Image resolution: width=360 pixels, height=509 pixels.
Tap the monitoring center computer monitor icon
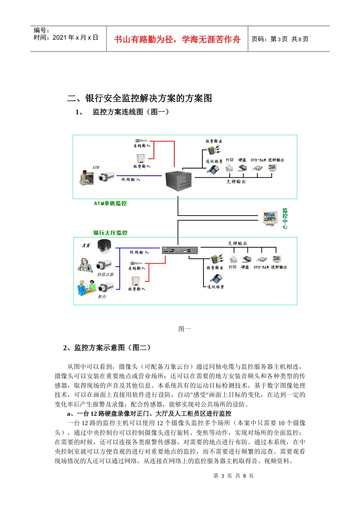click(271, 219)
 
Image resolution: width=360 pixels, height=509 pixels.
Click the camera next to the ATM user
click(106, 176)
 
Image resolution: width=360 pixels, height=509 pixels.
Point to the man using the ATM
click(86, 177)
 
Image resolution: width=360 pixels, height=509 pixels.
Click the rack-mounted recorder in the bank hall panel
click(180, 250)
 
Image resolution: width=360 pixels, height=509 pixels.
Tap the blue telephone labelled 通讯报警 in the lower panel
click(217, 279)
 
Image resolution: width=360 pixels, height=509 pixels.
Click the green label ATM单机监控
click(110, 203)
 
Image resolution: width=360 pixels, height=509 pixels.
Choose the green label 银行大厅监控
click(110, 233)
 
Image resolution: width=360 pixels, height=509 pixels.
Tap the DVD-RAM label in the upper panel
click(258, 160)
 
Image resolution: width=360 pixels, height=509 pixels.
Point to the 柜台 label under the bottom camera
click(102, 297)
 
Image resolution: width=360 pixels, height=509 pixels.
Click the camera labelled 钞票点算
click(104, 265)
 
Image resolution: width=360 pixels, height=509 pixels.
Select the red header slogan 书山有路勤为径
click(177, 39)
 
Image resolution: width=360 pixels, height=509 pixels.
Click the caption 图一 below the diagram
click(185, 329)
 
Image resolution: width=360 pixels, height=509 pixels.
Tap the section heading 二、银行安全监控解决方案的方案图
click(139, 98)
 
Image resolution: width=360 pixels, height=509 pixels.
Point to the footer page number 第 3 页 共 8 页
click(233, 476)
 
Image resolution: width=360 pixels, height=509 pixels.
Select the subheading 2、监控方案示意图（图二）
click(107, 347)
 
